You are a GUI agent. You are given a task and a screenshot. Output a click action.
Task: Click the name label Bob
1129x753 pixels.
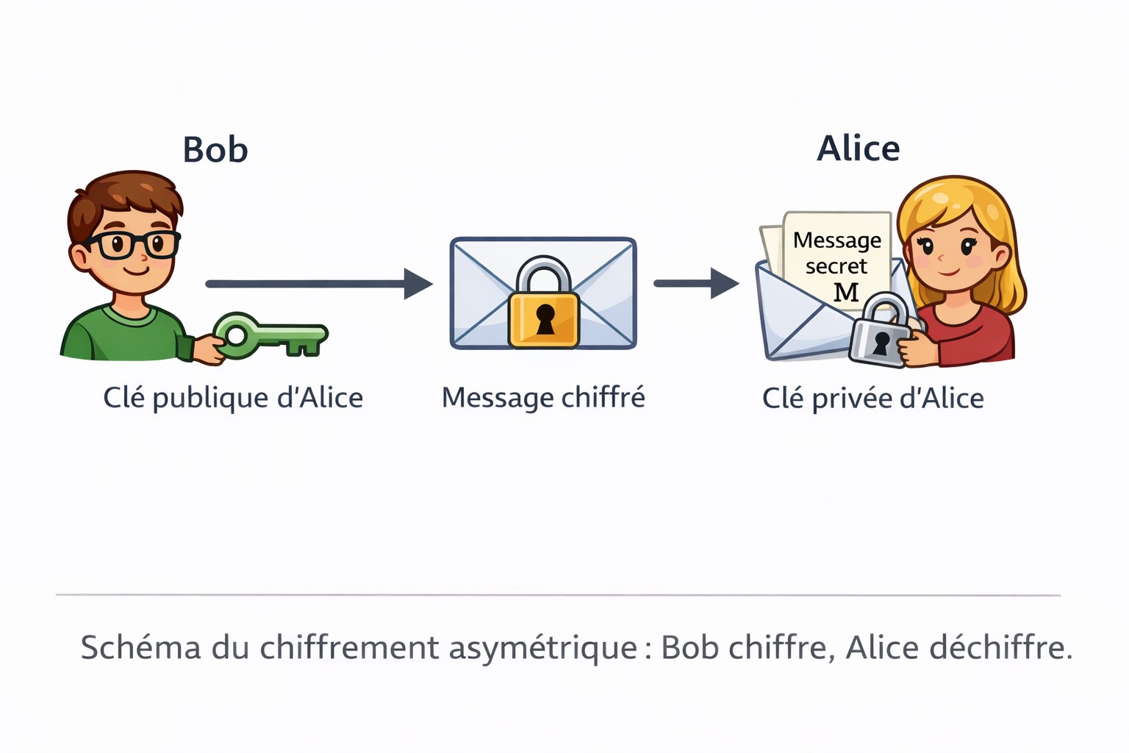pyautogui.click(x=215, y=149)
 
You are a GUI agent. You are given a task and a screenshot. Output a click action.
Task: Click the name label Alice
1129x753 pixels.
pyautogui.click(x=858, y=149)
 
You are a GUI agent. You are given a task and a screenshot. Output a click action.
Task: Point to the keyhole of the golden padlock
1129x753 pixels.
pyautogui.click(x=545, y=318)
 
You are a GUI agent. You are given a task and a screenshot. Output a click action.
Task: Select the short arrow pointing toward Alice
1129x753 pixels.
pyautogui.click(x=695, y=284)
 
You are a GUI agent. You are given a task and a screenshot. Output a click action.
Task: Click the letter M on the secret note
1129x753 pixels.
pyautogui.click(x=846, y=293)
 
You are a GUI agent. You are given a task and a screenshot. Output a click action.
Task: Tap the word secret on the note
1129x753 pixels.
pyautogui.click(x=836, y=266)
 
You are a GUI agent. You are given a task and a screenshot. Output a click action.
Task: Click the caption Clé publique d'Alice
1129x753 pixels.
pyautogui.click(x=233, y=398)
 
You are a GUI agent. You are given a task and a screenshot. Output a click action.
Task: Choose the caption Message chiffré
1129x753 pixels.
pyautogui.click(x=543, y=398)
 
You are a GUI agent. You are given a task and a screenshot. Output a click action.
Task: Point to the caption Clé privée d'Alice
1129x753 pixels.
pyautogui.click(x=872, y=399)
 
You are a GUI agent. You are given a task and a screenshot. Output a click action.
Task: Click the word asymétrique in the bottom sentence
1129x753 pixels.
pyautogui.click(x=543, y=649)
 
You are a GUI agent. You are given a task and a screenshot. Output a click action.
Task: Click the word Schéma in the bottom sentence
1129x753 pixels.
pyautogui.click(x=140, y=648)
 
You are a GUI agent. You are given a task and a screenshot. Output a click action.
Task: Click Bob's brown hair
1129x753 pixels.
pyautogui.click(x=125, y=193)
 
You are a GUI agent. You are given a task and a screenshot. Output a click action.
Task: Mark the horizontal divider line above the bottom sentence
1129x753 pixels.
pyautogui.click(x=558, y=594)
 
